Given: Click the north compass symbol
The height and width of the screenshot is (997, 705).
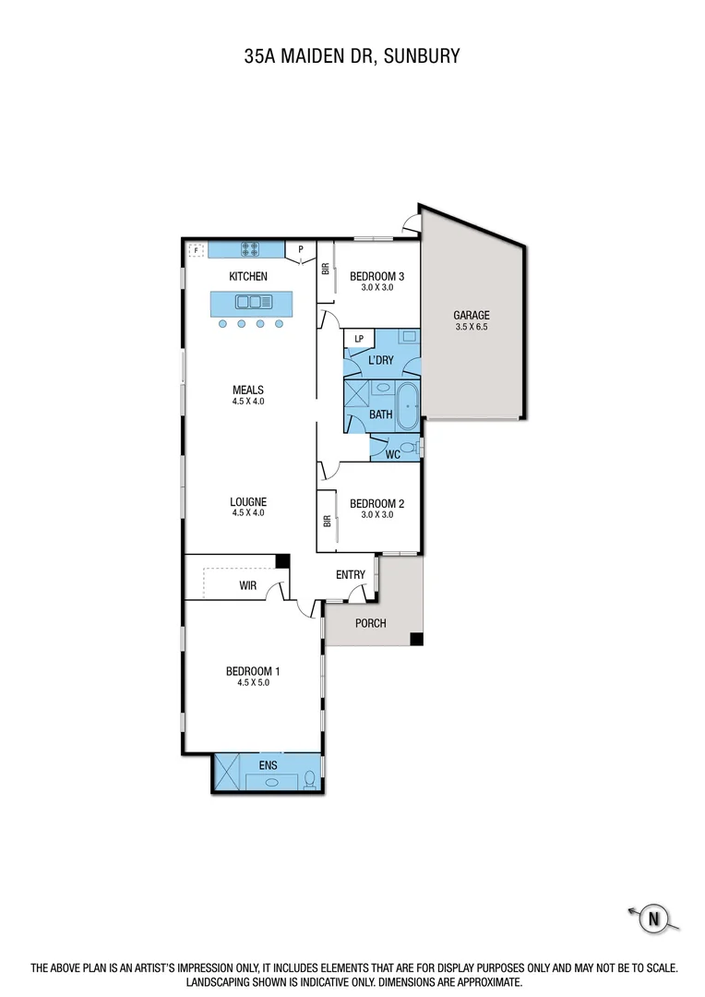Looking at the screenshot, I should coord(653,918).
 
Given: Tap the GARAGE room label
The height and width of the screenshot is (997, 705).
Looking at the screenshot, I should coord(471,315).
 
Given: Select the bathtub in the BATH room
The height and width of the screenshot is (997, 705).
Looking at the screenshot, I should coord(407,403).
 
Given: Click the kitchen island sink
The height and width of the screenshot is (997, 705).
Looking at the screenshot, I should coord(250,301).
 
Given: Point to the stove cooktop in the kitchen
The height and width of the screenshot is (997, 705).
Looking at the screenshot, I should coord(250,248).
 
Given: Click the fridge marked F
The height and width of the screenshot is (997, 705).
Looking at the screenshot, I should coord(196,249).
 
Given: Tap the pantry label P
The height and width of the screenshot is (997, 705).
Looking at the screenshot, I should coord(300,249).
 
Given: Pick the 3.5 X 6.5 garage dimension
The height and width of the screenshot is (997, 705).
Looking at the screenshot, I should coord(471,327).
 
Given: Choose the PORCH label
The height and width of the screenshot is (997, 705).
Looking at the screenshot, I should coord(370,623).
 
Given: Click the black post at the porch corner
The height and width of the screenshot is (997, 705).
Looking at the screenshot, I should coord(417,639).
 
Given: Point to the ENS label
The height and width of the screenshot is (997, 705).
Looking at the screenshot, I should coord(267,764).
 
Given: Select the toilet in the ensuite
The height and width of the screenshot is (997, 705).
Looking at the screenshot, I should coord(309,780).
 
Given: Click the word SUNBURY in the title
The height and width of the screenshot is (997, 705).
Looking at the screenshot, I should coord(417,56).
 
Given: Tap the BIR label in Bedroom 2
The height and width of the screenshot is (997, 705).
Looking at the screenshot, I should coord(326,521).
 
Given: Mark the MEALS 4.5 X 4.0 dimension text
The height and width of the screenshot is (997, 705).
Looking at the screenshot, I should coord(248,402).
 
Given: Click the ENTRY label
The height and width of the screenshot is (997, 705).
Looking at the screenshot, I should coord(351,575).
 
